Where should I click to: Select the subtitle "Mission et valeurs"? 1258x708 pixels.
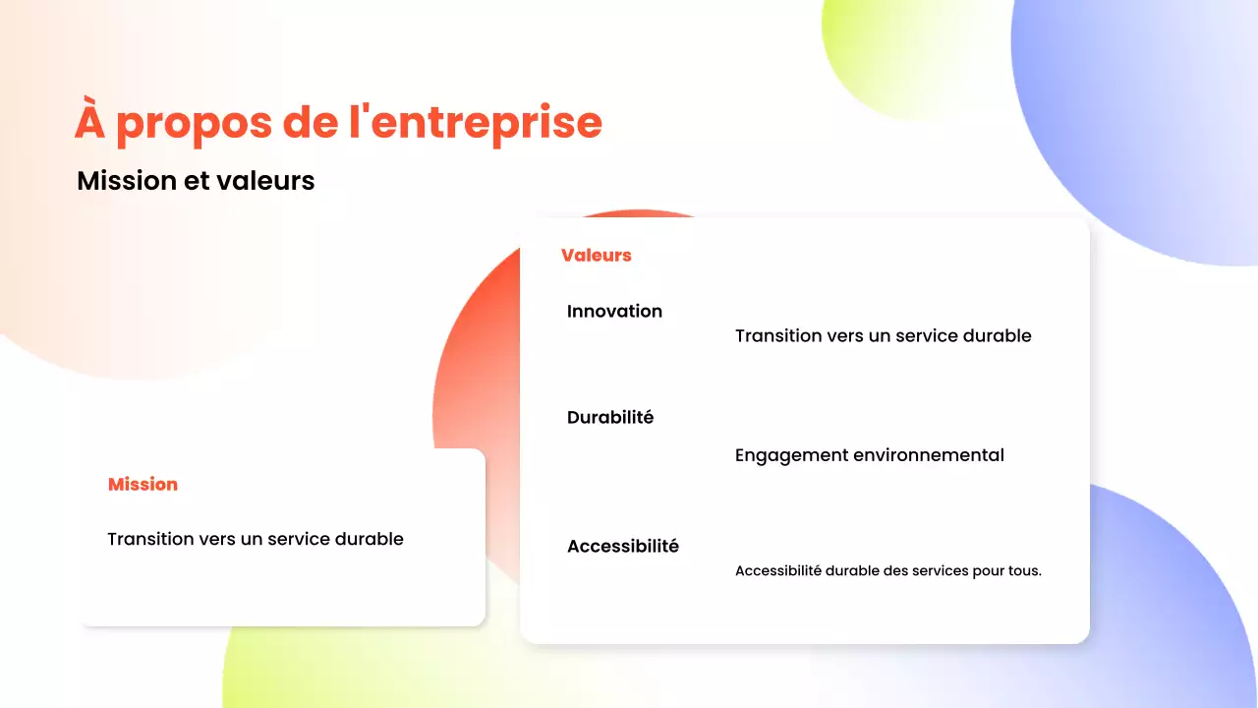tap(196, 181)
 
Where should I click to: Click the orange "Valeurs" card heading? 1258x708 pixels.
tap(596, 256)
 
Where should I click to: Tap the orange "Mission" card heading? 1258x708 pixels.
tap(143, 485)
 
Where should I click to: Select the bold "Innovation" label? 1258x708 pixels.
tap(614, 312)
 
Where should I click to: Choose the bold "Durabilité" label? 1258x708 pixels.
tap(610, 418)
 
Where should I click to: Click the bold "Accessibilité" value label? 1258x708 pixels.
tap(623, 547)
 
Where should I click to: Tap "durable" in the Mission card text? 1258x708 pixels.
tap(370, 539)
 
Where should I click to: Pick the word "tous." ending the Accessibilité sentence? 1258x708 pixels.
tap(1024, 571)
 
